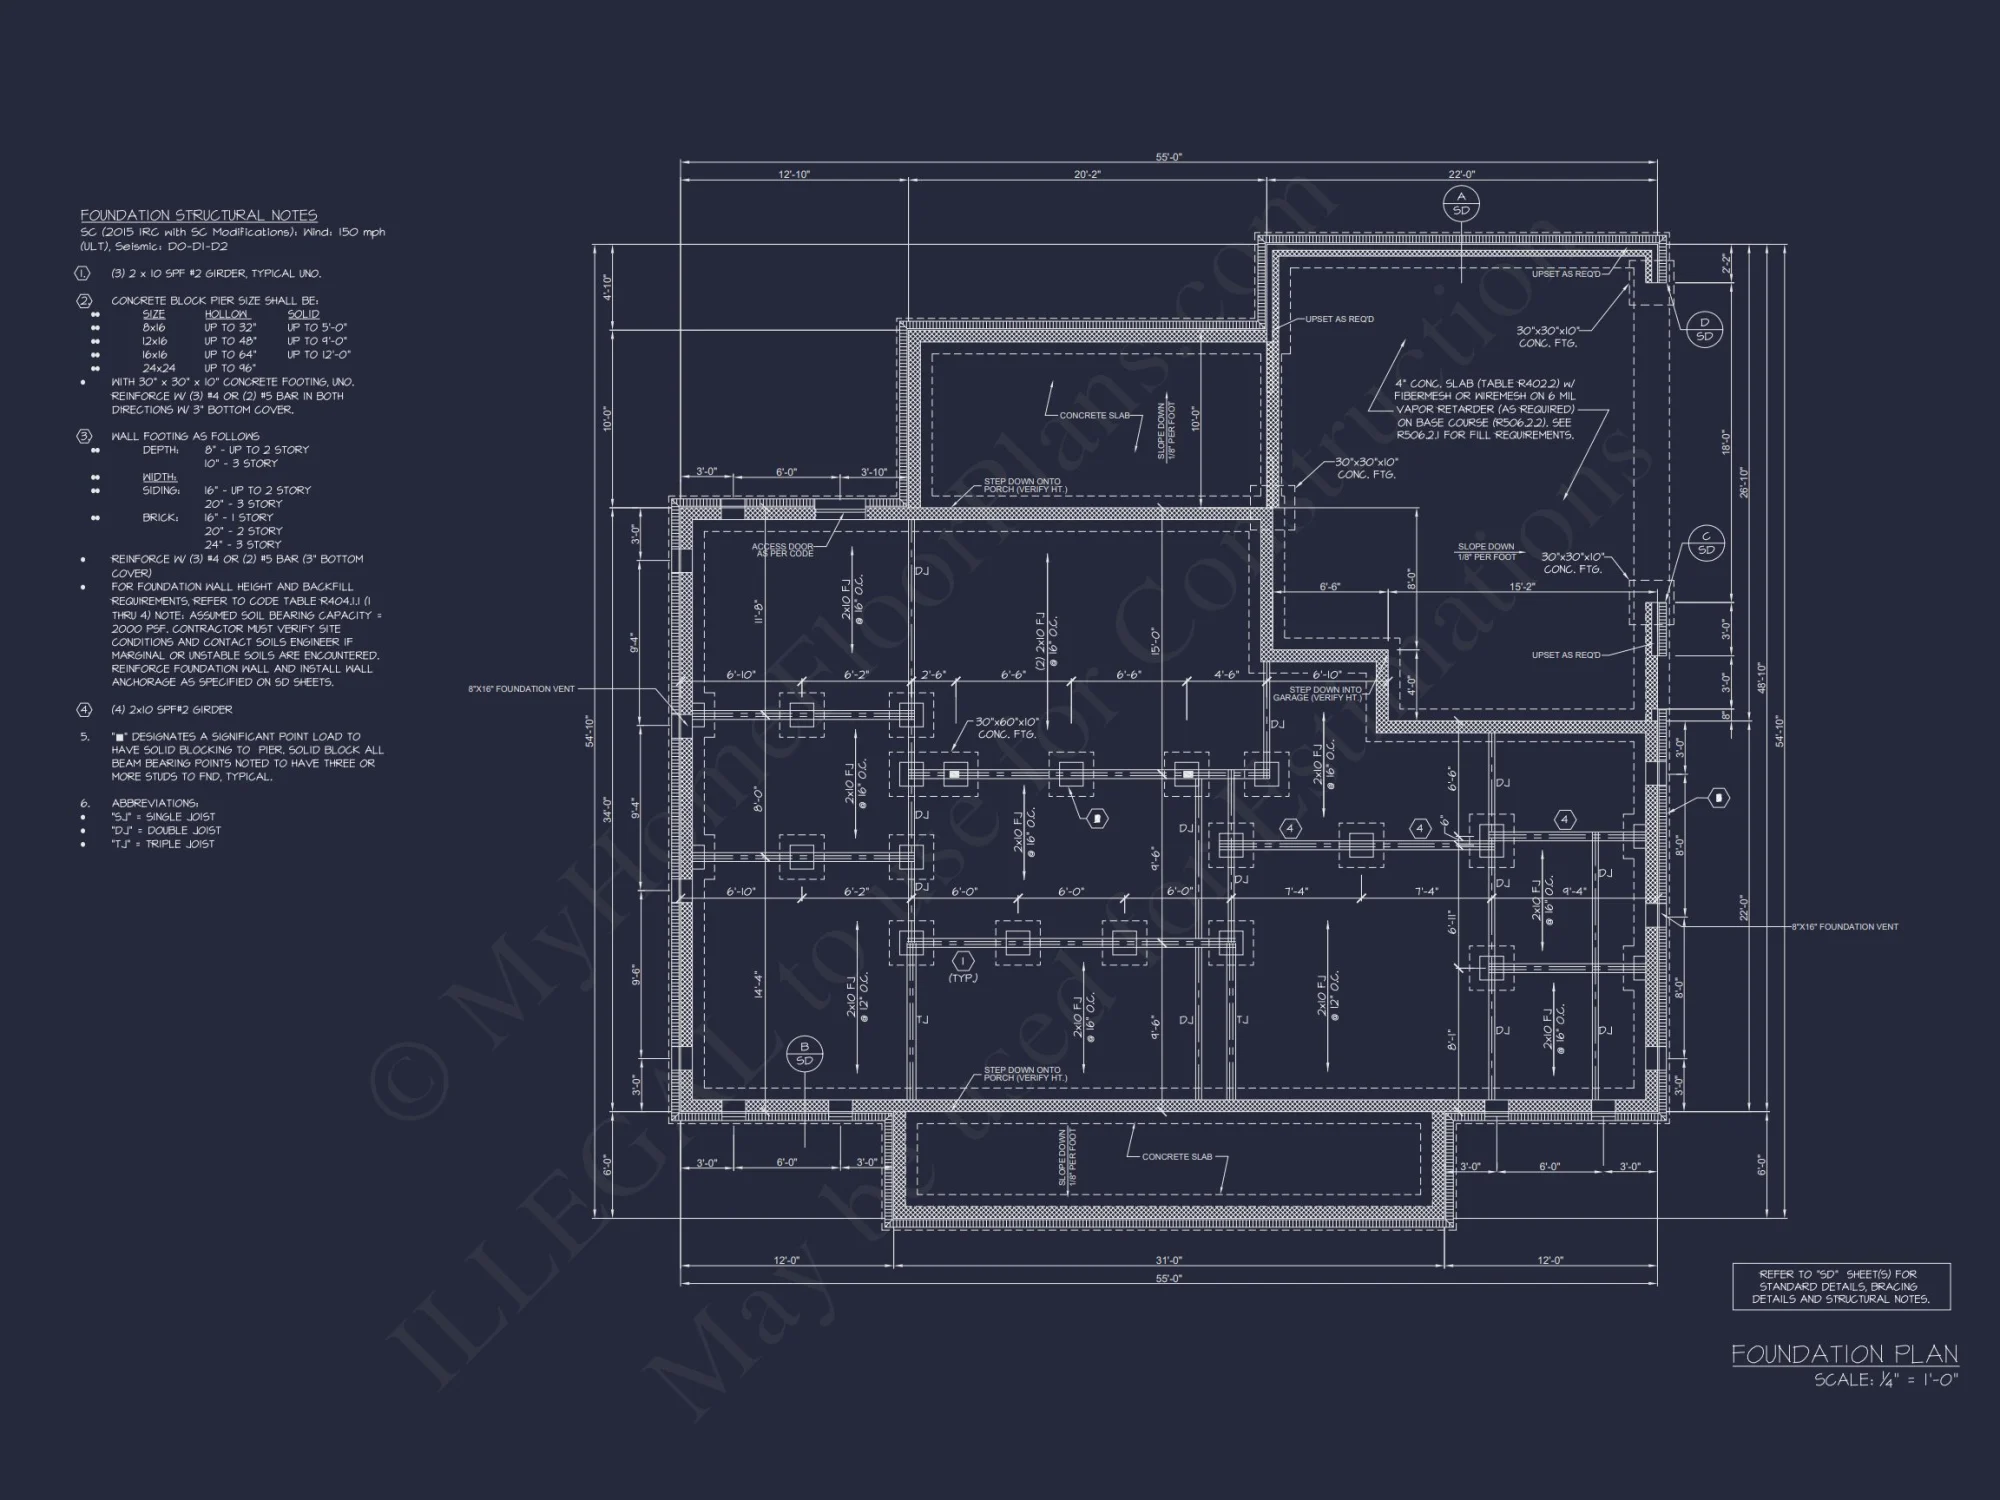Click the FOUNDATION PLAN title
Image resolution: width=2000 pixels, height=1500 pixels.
1844,1354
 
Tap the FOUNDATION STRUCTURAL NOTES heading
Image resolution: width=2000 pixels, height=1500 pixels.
199,215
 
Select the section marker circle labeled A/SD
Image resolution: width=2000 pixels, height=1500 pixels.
1461,204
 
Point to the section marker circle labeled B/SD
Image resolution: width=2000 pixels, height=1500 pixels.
804,1054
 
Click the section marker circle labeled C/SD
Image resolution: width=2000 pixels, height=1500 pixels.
1706,543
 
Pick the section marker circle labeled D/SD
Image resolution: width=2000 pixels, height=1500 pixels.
1704,329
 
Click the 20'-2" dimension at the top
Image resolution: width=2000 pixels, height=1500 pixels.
1087,175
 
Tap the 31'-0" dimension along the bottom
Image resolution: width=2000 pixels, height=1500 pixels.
1168,1261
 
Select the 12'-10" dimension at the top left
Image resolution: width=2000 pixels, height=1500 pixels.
794,175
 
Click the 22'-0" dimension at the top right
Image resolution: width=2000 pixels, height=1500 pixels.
1461,175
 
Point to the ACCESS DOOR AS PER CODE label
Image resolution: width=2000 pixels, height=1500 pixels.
782,550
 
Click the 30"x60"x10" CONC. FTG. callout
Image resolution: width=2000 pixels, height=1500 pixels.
1007,728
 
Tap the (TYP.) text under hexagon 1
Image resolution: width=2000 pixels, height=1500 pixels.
963,978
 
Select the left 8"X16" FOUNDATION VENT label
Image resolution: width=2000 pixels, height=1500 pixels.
521,689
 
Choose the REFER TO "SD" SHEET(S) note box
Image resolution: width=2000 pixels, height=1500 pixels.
1841,1287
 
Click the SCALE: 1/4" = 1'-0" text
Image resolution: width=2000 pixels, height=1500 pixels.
1886,1380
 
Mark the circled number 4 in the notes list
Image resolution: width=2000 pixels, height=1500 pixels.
85,710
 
